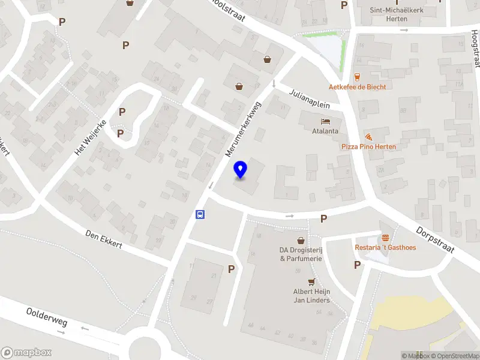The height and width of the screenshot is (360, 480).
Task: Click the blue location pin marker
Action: click(241, 170)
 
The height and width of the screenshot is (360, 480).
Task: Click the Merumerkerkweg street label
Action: click(244, 129)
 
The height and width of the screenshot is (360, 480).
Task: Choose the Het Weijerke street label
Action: click(89, 137)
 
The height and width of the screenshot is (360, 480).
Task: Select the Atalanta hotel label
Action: click(325, 131)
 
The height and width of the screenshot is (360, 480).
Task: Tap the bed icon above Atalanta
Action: click(325, 121)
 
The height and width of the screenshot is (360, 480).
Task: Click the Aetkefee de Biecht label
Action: click(357, 86)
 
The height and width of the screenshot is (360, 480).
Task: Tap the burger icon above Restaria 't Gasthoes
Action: click(385, 238)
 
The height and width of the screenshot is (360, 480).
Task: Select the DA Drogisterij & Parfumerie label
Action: click(301, 254)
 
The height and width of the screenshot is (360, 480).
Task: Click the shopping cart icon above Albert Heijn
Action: click(311, 282)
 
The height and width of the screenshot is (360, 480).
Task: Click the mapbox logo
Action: click(26, 353)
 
